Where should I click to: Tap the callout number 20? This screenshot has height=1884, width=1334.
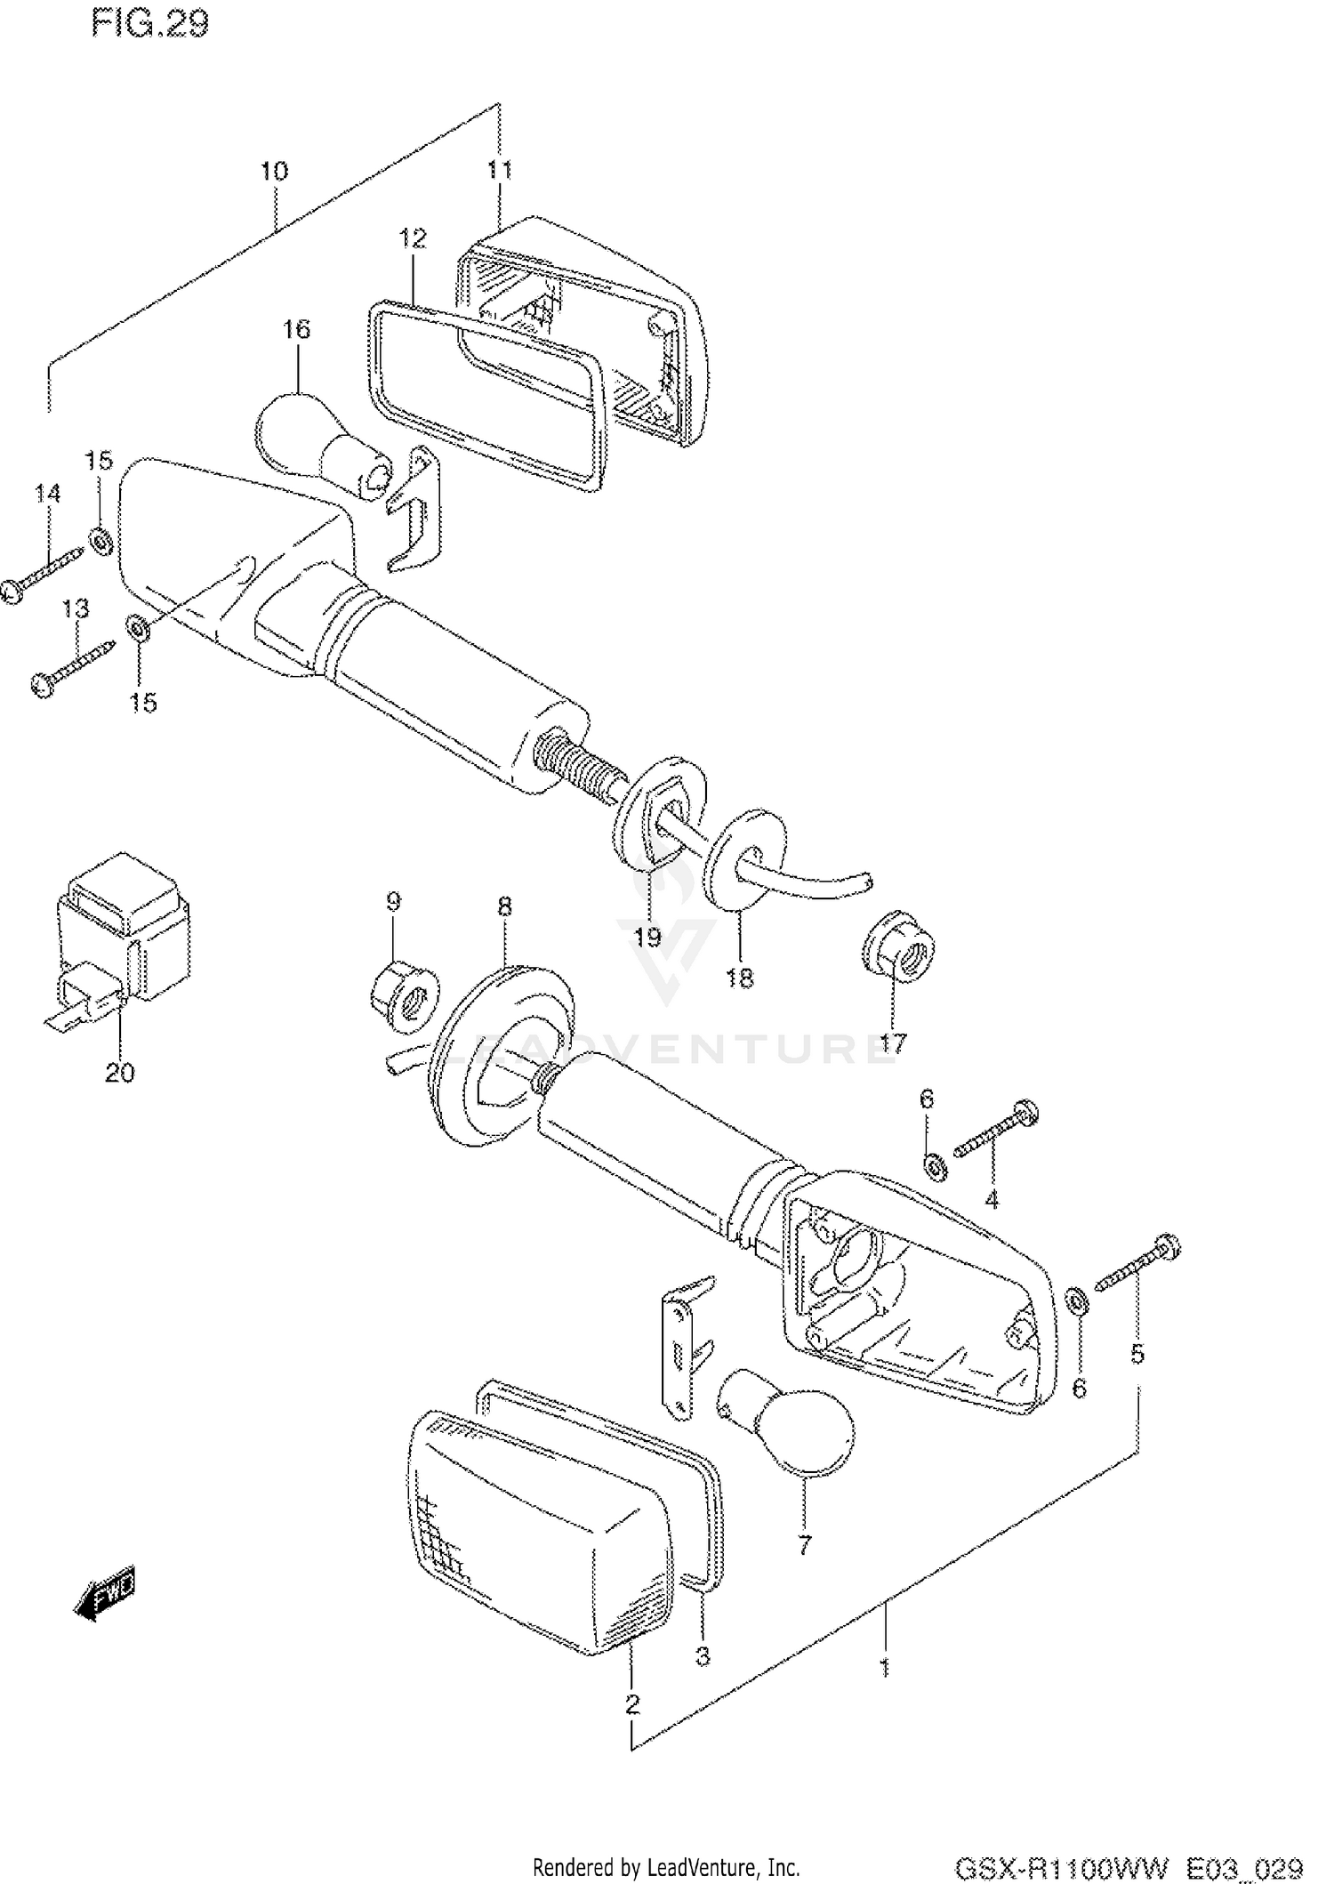(x=119, y=1073)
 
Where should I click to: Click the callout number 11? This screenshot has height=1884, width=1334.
(x=499, y=169)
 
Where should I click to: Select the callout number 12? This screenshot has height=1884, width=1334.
(x=412, y=238)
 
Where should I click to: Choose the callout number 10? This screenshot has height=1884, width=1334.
(x=274, y=170)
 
